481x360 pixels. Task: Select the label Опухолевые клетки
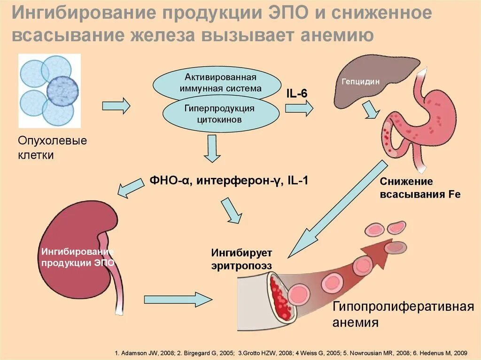(x=52, y=148)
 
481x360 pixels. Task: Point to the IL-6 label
(x=297, y=93)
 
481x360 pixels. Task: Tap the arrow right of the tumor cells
(x=116, y=106)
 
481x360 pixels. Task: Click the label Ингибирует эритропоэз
(x=241, y=259)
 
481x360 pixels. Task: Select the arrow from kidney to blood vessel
(x=178, y=299)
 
